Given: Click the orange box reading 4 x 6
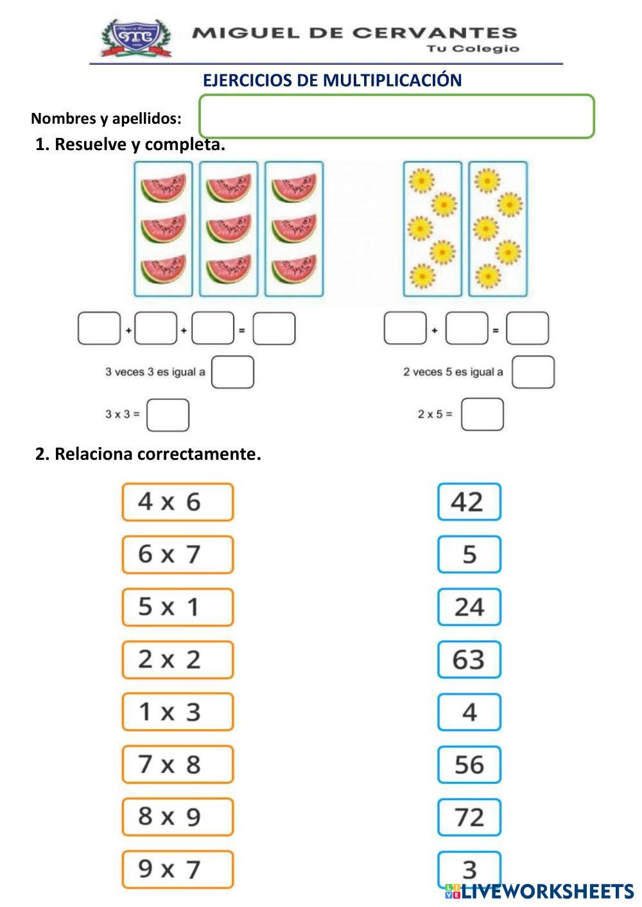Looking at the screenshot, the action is point(177,502).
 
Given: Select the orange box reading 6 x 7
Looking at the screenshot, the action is point(177,554).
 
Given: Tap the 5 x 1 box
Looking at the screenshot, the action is point(177,607).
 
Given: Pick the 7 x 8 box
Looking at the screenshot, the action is point(177,765).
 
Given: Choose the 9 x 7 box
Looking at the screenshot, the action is point(177,870).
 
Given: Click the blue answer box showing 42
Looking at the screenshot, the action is point(469,502).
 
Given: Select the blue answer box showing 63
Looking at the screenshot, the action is point(469,659).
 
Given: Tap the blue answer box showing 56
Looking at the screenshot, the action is point(469,765).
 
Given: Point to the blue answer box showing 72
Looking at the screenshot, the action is point(469,817).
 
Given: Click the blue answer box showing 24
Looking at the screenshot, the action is point(469,607).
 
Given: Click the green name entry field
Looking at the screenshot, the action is point(397,117).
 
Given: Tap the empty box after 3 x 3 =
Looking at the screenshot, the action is point(168,415).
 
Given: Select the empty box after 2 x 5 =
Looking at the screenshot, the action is point(482,414).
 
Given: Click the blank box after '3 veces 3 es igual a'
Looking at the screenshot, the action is point(232,372).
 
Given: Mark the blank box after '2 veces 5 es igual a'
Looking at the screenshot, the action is point(533,372).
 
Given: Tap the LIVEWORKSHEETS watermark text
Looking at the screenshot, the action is point(547,891).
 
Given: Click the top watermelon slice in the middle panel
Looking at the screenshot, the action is point(229,188).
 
